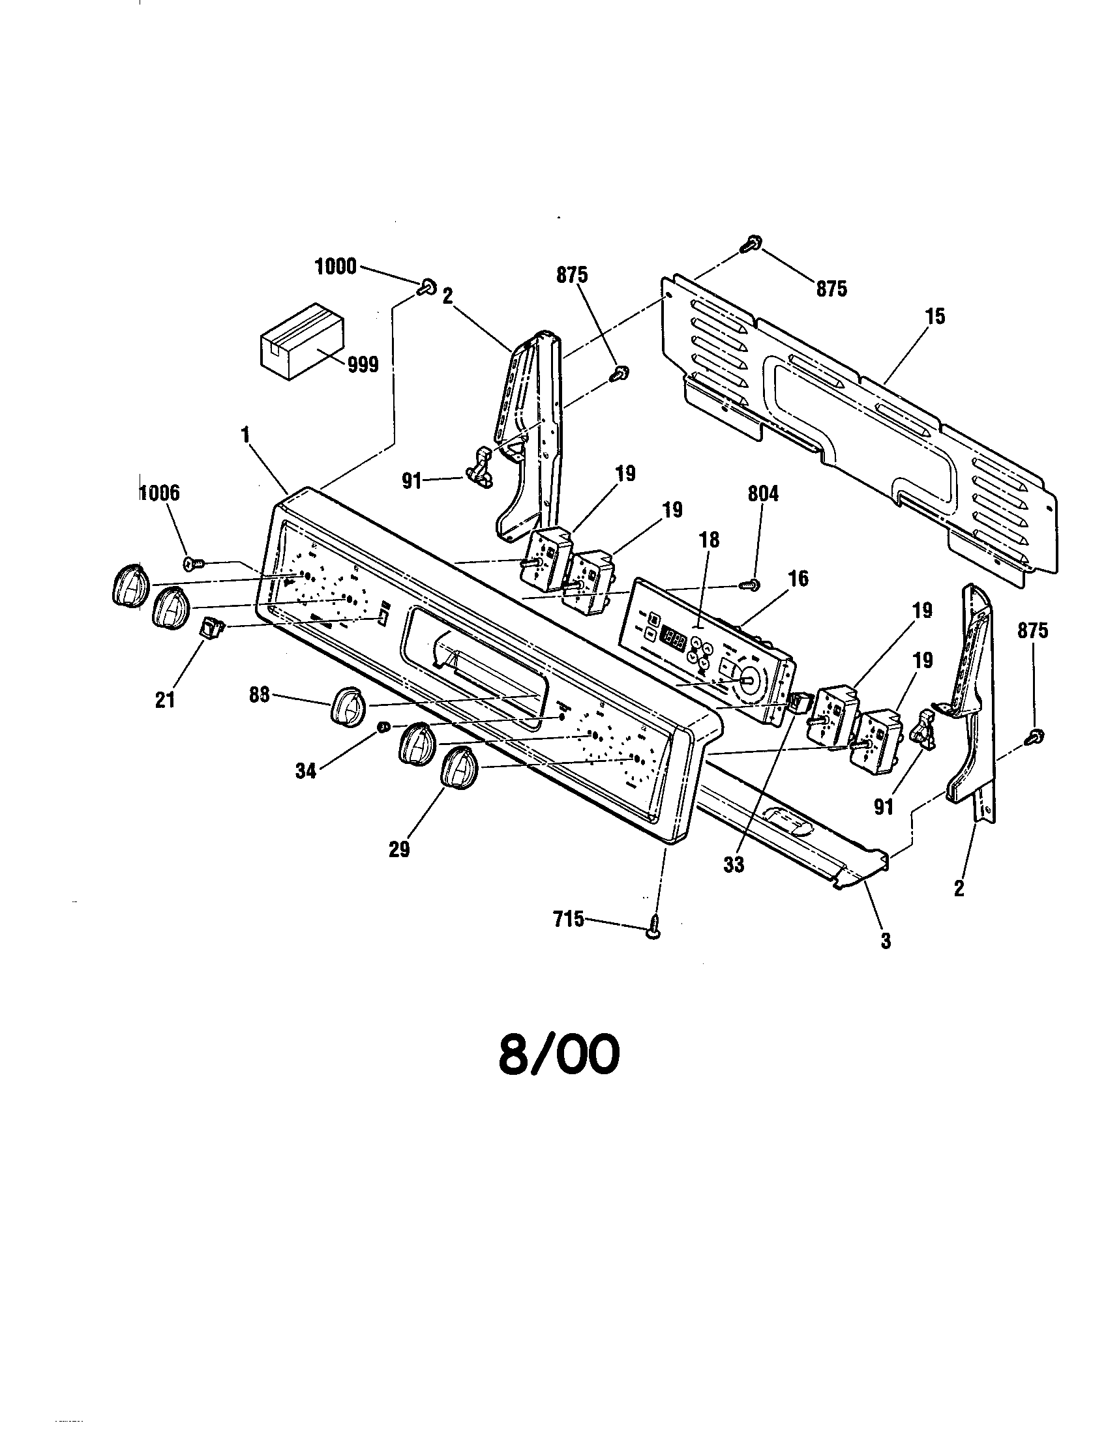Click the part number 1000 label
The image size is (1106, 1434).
click(336, 267)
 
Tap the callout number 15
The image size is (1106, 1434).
click(935, 317)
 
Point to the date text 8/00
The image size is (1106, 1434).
click(559, 1055)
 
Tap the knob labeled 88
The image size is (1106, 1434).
click(350, 706)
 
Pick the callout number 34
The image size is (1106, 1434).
click(305, 771)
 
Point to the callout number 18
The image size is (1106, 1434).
click(710, 539)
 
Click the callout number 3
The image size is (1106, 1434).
click(886, 940)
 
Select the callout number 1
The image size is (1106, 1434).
click(247, 435)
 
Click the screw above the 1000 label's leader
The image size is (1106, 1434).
click(427, 286)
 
